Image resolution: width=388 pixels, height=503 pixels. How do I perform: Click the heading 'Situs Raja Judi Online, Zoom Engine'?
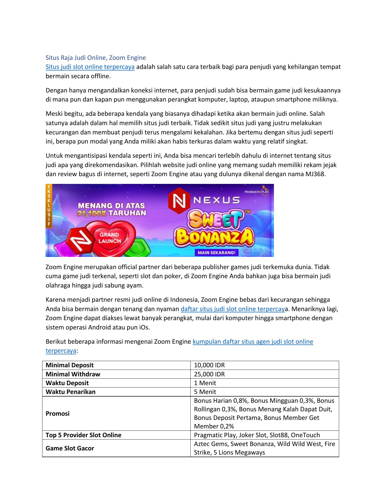pos(96,58)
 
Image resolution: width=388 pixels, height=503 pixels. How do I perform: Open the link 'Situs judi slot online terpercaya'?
pos(90,67)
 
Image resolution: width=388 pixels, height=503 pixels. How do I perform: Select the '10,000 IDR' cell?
pos(209,365)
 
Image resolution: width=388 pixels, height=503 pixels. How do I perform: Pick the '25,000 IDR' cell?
pos(209,374)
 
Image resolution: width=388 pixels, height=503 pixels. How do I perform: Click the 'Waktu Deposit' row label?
pos(67,383)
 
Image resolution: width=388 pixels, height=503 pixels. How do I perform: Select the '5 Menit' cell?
pos(205,392)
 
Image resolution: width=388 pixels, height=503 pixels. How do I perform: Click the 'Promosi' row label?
pos(58,413)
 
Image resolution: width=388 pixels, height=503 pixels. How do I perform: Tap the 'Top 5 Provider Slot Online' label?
pos(84,435)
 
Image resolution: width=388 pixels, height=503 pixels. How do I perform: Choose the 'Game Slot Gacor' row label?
pos(70,448)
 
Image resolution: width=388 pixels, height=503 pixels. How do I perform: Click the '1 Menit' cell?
pos(205,383)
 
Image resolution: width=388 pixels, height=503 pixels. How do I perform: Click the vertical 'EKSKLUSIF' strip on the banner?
pos(48,206)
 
